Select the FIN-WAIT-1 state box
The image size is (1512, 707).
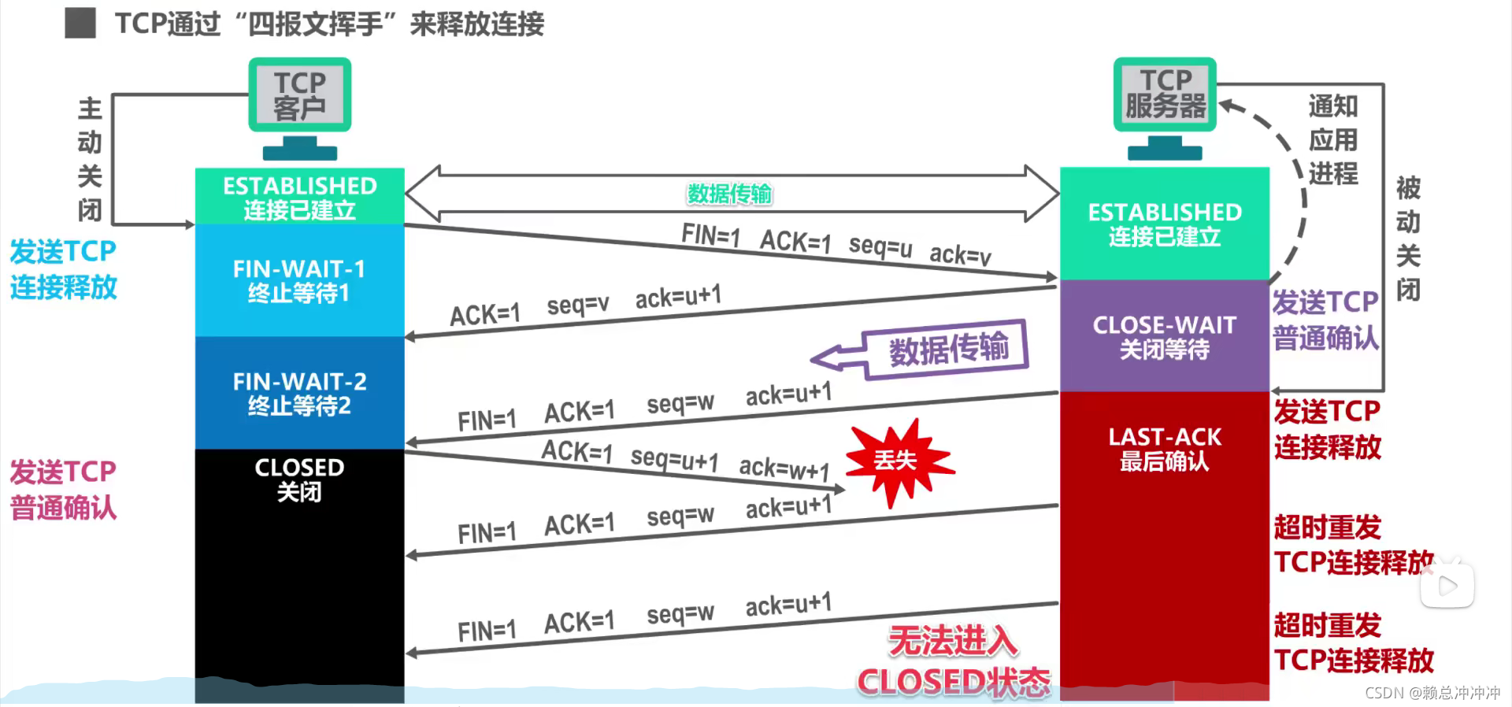(299, 280)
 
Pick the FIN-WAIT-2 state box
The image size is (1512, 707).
(299, 393)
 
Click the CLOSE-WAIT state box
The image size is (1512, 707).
(1164, 336)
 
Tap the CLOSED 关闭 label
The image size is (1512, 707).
(299, 479)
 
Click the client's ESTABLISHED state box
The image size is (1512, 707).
(299, 197)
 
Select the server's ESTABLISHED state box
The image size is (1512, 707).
(1164, 224)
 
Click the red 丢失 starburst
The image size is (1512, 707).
(896, 461)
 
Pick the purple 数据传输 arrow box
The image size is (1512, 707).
(945, 349)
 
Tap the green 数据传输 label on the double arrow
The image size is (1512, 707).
(729, 194)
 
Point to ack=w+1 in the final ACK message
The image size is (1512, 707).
(784, 469)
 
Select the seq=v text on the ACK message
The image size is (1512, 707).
(578, 305)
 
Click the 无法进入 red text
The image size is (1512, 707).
(953, 641)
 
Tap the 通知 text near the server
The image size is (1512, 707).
(1332, 105)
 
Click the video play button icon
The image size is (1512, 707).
(1447, 585)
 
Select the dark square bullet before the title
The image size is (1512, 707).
(80, 23)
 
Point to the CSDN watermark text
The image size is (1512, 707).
(1432, 693)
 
